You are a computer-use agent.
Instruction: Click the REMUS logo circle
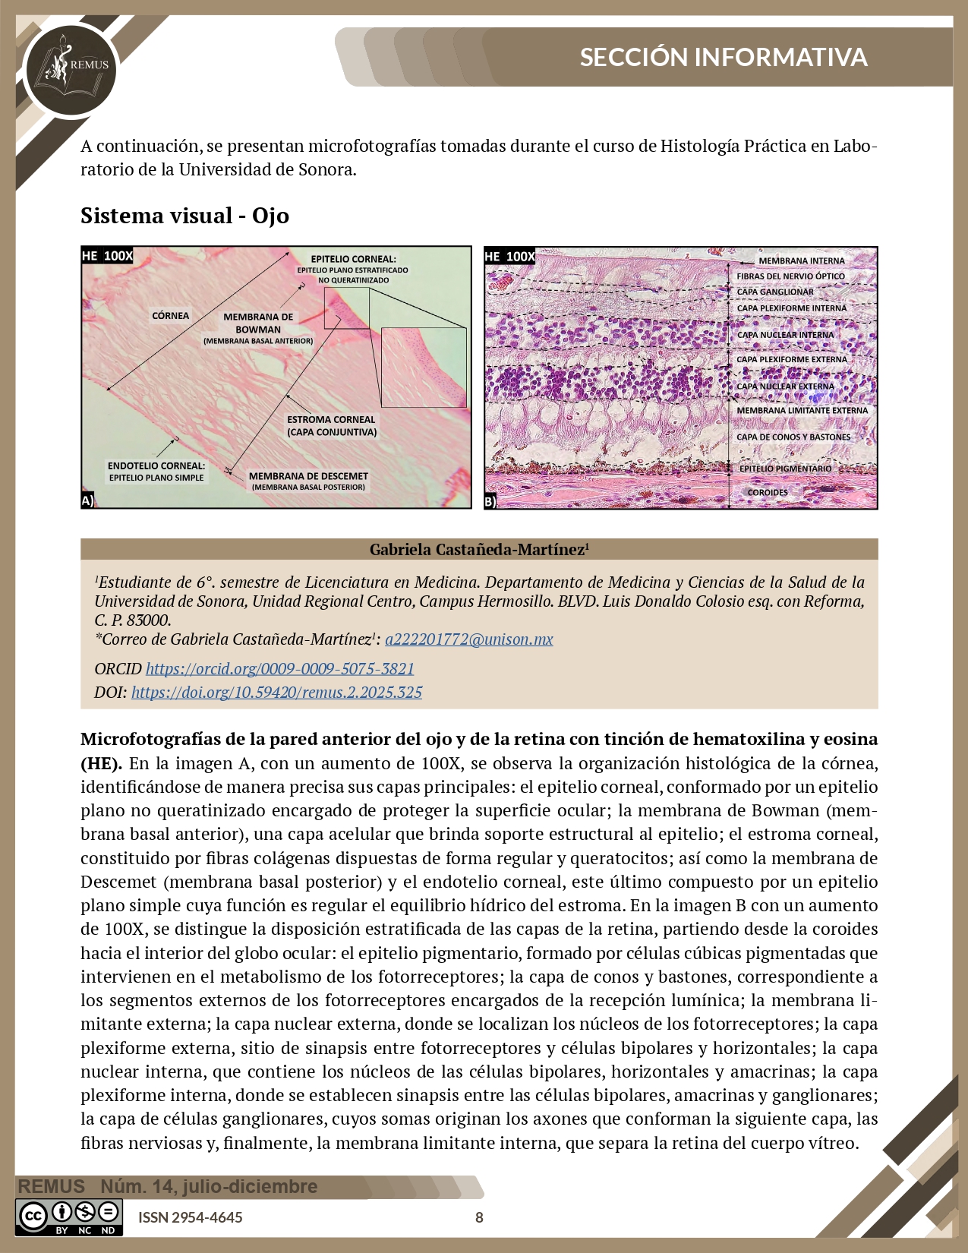[x=69, y=70]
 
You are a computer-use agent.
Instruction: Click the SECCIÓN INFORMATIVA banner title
[x=723, y=58]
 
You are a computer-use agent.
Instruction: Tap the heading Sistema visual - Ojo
[x=184, y=216]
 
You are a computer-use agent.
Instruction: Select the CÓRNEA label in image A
[x=170, y=316]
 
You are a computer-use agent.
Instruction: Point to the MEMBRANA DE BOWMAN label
[x=258, y=324]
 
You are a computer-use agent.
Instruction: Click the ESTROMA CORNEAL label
[x=331, y=425]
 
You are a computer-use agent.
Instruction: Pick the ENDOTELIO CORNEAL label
[x=156, y=471]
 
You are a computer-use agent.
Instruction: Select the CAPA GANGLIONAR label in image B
[x=774, y=292]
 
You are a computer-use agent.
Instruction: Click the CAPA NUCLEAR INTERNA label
[x=785, y=335]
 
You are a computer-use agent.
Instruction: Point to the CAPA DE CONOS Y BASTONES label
[x=793, y=437]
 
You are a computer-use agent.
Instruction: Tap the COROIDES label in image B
[x=768, y=493]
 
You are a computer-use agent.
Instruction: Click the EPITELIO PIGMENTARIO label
[x=785, y=469]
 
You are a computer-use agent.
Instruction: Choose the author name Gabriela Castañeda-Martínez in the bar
[x=479, y=550]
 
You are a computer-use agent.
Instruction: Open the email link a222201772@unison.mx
[x=468, y=639]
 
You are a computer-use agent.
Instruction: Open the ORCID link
[x=279, y=669]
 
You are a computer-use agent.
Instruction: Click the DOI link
[x=276, y=693]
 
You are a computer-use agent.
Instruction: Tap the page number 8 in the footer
[x=479, y=1217]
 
